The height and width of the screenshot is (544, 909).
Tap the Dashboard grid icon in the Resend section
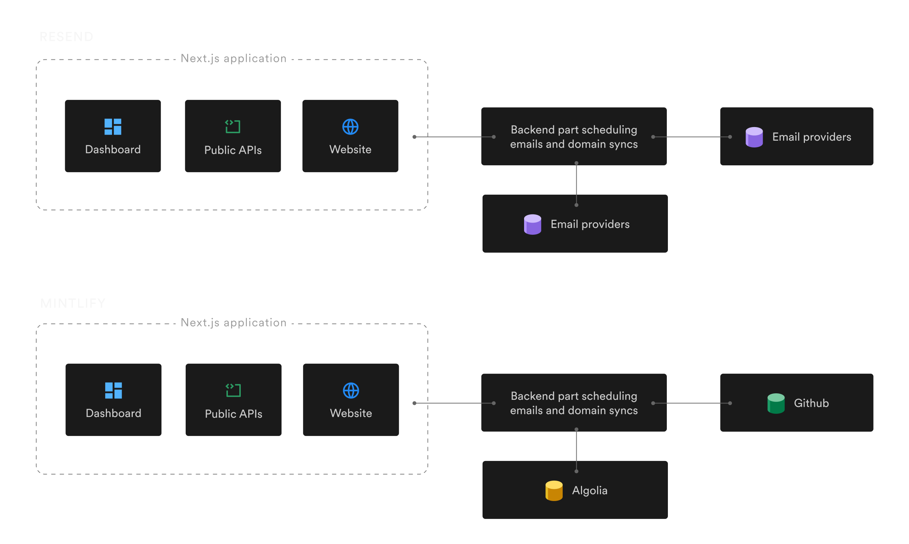113,127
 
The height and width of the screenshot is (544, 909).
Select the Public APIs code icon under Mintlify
233,390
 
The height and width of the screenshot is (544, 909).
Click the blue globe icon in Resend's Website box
350,127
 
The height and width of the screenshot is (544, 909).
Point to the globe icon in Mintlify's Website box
351,390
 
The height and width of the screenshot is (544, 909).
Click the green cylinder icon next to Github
776,403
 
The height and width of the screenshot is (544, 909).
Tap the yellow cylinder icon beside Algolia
554,490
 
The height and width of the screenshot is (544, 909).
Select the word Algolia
590,490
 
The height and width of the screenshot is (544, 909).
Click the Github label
811,403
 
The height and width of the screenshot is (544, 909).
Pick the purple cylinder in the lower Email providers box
532,224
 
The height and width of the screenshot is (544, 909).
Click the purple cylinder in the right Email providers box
754,137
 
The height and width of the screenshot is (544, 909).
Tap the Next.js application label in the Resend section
233,59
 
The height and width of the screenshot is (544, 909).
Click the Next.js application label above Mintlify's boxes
233,322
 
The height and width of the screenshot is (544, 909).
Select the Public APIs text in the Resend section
233,150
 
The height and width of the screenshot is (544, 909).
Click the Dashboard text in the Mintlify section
113,413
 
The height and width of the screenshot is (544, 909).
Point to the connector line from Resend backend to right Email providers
691,137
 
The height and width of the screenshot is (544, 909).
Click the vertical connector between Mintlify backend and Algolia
576,450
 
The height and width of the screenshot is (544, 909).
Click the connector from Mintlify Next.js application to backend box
454,403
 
